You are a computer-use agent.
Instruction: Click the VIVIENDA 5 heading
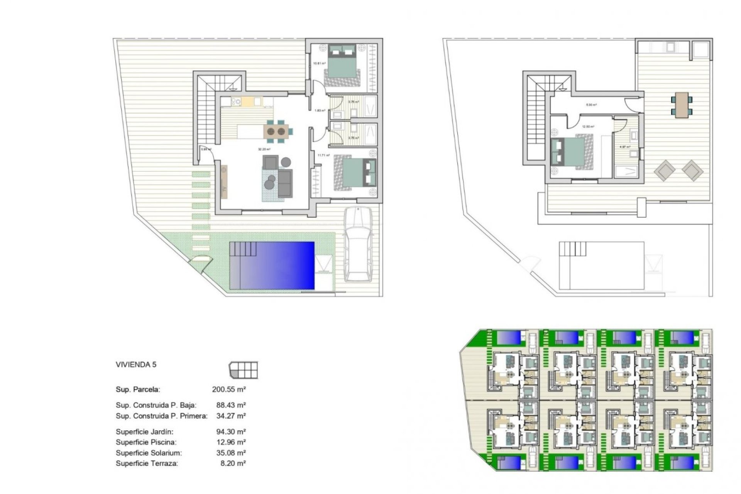136,364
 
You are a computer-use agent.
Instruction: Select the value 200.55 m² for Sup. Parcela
229,389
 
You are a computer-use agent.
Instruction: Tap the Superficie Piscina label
146,442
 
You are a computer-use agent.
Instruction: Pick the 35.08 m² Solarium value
231,453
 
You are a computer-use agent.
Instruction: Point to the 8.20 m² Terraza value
233,464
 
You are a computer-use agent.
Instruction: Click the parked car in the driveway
359,244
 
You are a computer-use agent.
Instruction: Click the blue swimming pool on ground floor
272,265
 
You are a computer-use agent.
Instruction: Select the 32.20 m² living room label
264,149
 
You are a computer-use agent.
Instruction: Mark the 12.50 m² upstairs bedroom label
588,126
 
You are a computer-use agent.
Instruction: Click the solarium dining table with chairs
681,105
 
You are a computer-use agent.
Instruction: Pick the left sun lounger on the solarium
664,171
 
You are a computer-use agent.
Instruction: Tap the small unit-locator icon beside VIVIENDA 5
243,370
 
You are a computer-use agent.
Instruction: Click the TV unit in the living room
224,181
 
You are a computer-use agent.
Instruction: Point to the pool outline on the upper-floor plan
601,266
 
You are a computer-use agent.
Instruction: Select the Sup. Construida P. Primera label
161,416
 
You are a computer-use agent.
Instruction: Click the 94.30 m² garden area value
231,432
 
